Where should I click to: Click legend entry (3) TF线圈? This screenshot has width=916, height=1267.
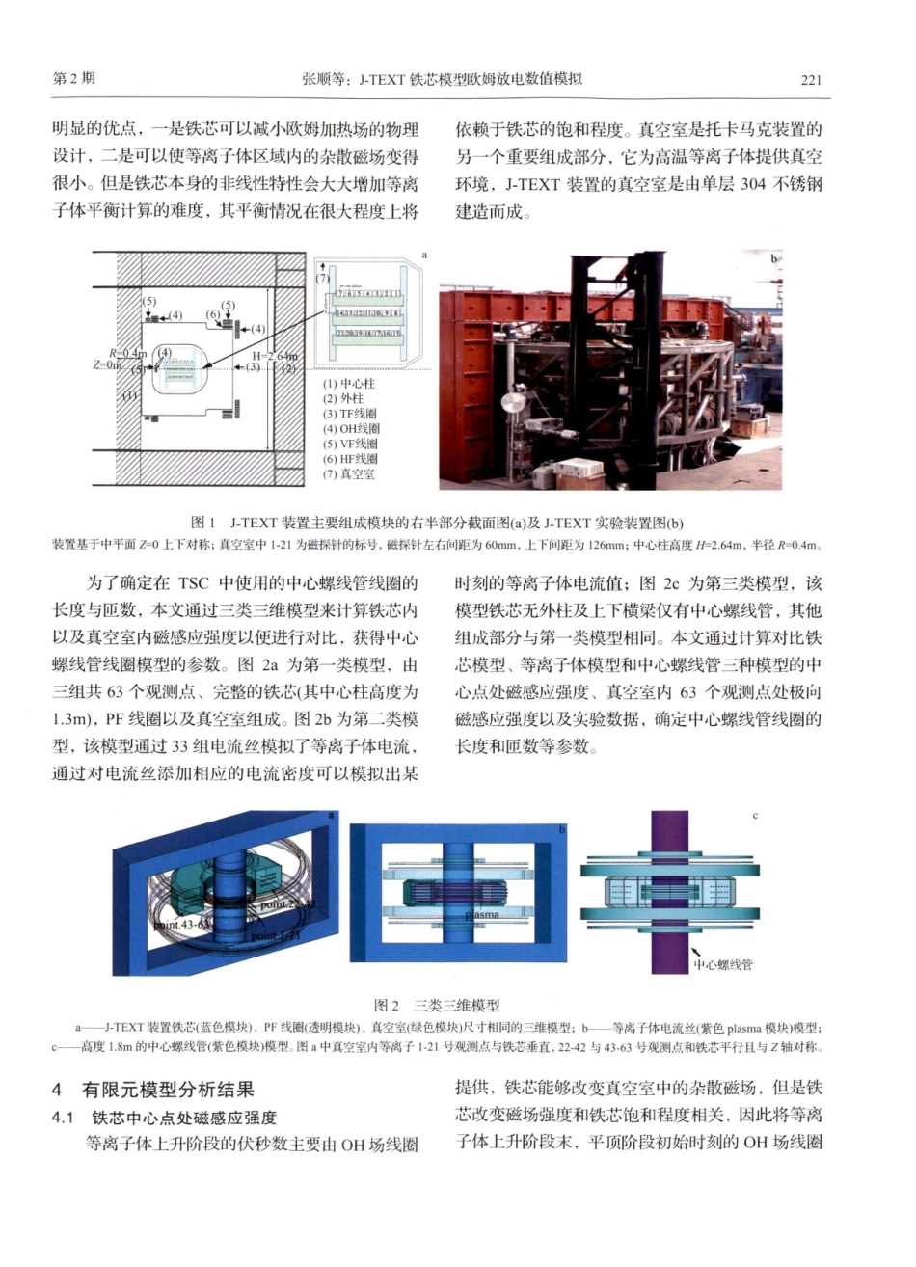[350, 414]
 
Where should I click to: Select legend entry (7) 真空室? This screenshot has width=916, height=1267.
[349, 474]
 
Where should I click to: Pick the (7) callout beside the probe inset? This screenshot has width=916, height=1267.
[322, 279]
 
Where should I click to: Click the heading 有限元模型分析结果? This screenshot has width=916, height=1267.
[168, 1091]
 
